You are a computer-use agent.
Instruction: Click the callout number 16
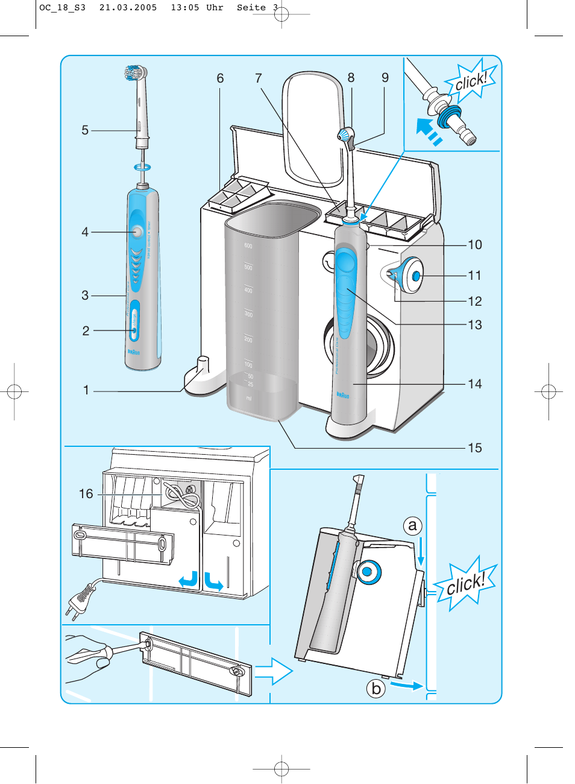point(86,494)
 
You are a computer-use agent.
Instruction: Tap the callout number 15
point(475,448)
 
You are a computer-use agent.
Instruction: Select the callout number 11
point(475,276)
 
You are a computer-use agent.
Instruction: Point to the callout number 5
point(85,130)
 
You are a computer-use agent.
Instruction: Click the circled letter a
point(412,526)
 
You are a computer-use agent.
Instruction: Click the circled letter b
point(376,688)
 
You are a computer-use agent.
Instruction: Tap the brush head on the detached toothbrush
point(136,73)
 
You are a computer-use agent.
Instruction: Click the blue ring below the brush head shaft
point(142,167)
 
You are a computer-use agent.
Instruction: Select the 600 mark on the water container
point(248,245)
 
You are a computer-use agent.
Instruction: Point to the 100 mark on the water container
point(248,364)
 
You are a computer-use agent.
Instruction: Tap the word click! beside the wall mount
point(465,584)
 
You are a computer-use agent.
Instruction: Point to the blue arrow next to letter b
point(406,685)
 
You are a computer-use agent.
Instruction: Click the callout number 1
point(86,391)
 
